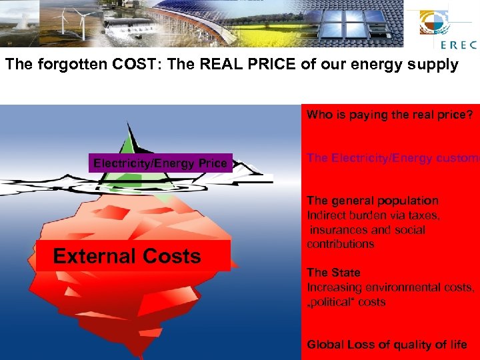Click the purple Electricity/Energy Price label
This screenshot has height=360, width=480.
click(160, 163)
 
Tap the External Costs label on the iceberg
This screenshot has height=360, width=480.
click(127, 256)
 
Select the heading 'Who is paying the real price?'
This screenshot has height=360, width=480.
click(389, 115)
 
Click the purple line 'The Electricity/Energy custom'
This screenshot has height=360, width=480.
click(393, 158)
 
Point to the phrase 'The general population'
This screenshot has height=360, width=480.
click(373, 201)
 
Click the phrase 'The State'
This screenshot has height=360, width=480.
click(333, 273)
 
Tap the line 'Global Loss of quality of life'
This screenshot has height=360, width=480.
click(387, 345)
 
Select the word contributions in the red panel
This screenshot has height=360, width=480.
click(340, 244)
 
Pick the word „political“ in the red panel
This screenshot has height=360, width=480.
click(331, 302)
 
